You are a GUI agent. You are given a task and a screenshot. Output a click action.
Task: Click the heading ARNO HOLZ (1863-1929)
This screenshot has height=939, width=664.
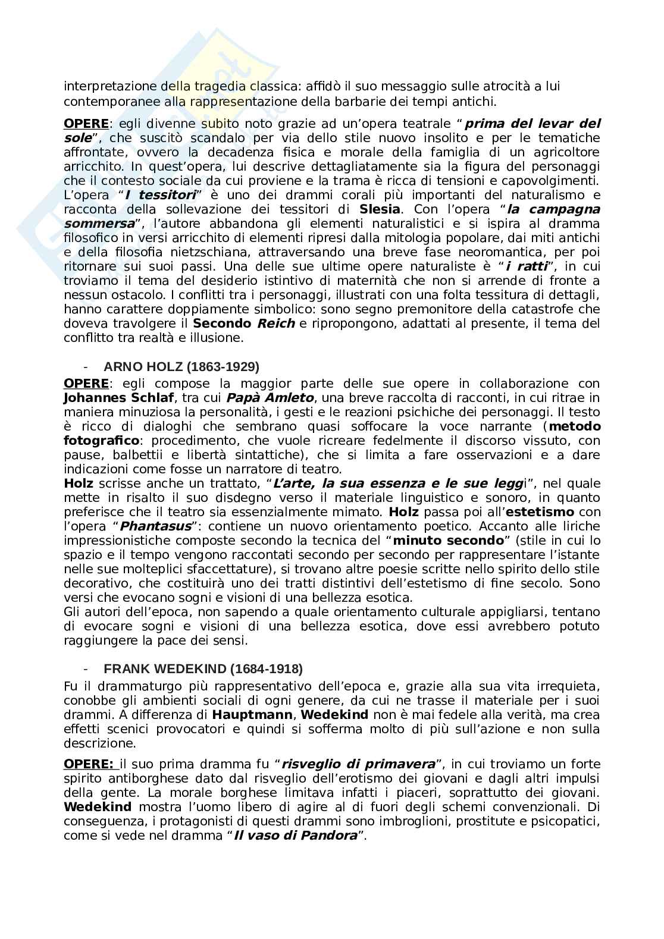[181, 366]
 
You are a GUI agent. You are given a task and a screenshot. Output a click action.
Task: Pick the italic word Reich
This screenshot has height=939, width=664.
[276, 324]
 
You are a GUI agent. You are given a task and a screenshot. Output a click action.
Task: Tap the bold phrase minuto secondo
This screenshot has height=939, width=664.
[448, 540]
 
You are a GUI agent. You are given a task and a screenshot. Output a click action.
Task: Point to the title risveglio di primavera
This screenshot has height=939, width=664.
[359, 764]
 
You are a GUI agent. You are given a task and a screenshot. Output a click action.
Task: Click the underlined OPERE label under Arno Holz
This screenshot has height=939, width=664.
[86, 383]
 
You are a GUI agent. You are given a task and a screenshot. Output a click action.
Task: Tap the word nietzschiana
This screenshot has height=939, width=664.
[221, 252]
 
